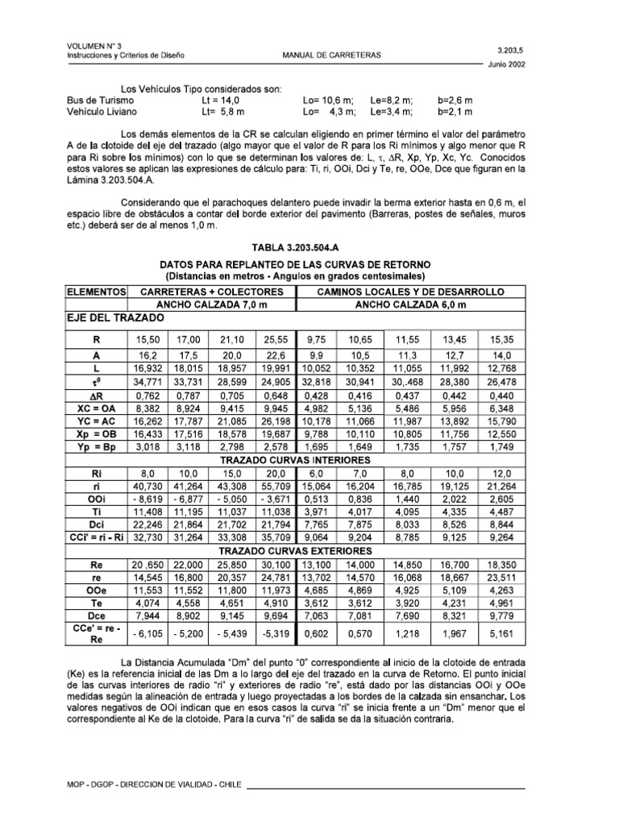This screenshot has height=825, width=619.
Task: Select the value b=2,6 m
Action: click(456, 100)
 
